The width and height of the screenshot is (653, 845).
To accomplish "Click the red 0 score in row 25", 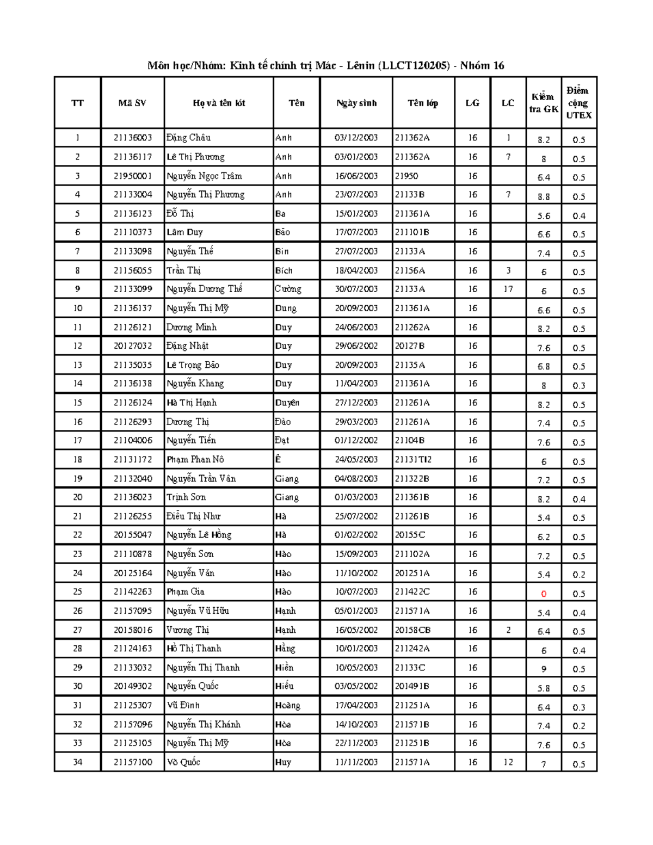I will (x=544, y=594).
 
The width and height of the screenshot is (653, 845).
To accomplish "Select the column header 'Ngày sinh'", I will (x=356, y=103).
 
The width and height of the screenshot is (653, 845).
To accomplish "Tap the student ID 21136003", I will (x=133, y=138).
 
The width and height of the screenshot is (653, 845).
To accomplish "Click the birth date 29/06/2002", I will (x=356, y=346).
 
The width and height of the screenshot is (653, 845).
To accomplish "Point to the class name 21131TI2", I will (x=413, y=459).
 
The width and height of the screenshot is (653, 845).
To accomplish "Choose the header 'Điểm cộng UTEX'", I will (x=578, y=103).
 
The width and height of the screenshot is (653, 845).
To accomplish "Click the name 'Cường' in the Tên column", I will (x=288, y=289).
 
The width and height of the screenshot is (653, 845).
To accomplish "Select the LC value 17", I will (x=508, y=289).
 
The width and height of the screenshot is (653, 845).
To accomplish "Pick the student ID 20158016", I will (x=133, y=630).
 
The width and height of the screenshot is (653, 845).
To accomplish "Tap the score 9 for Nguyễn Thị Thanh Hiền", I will (x=544, y=669).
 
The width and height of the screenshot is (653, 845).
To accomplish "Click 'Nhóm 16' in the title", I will (x=482, y=66).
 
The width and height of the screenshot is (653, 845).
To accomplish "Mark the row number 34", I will (x=78, y=762).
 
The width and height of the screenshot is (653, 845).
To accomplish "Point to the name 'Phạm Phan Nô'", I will (x=195, y=459).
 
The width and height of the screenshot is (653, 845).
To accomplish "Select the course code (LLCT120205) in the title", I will (x=416, y=66).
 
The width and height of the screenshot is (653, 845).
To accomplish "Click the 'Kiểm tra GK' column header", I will (x=544, y=103).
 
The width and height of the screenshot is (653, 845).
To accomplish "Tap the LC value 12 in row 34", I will (x=508, y=762).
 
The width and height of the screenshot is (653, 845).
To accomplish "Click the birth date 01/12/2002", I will (x=356, y=440).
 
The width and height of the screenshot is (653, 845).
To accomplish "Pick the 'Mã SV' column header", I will (x=132, y=103).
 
